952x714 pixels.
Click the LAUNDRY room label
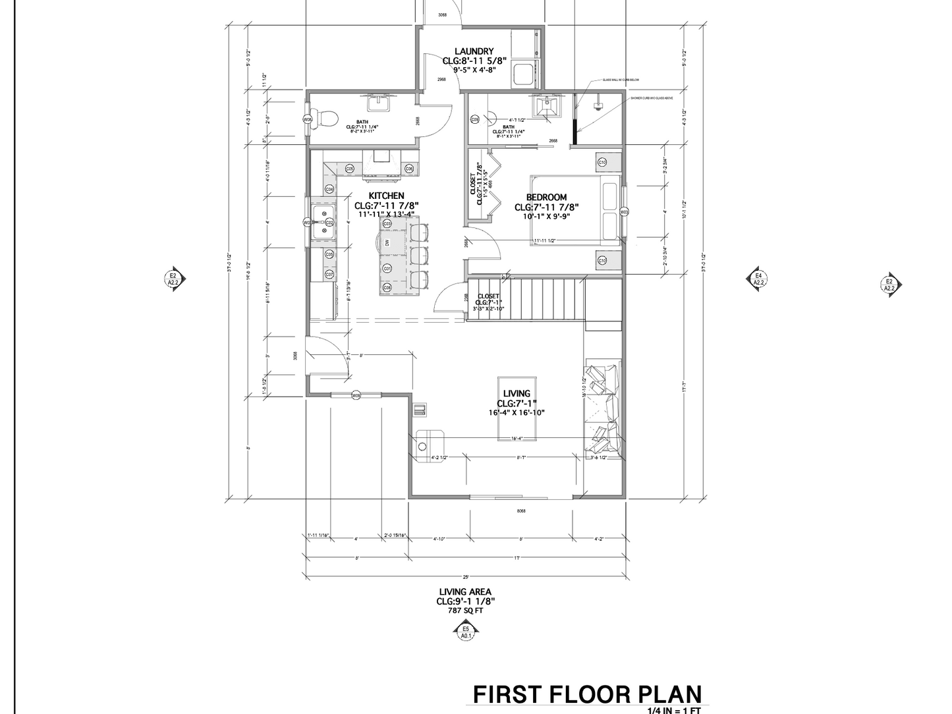click(x=474, y=51)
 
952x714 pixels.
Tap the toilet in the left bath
click(x=325, y=119)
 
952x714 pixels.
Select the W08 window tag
click(x=307, y=119)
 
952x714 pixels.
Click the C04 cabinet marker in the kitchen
click(x=329, y=189)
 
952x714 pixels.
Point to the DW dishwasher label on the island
click(x=387, y=242)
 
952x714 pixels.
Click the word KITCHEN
click(x=386, y=196)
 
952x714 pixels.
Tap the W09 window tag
click(x=356, y=396)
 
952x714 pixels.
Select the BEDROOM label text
click(x=546, y=197)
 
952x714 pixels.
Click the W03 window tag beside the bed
click(x=625, y=212)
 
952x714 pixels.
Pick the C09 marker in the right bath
click(x=475, y=119)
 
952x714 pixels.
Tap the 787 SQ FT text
click(x=465, y=611)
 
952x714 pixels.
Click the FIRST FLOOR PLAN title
click(x=587, y=694)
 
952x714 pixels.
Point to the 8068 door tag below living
click(x=521, y=511)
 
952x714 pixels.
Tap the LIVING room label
click(x=516, y=394)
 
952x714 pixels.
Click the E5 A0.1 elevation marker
click(x=465, y=633)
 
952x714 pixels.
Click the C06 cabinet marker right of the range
click(x=408, y=169)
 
